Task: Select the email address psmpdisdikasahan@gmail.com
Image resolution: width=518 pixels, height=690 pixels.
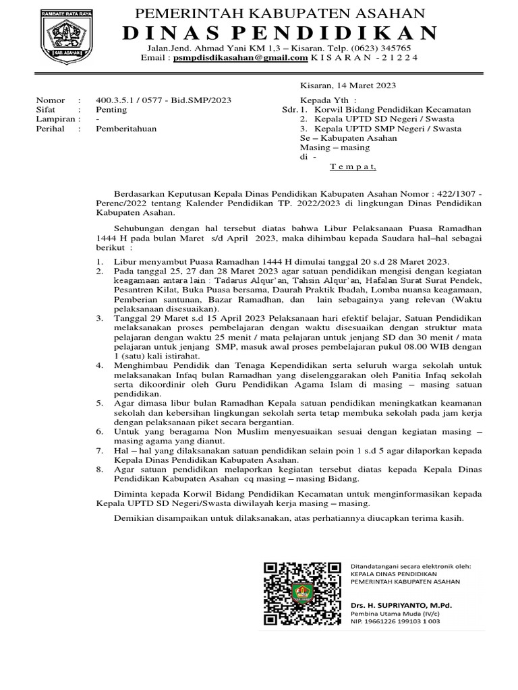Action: (240, 58)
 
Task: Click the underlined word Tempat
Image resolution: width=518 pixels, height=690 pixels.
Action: (353, 166)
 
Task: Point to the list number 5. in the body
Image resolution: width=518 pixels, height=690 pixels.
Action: (99, 402)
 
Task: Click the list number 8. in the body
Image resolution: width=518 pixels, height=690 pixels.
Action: (99, 468)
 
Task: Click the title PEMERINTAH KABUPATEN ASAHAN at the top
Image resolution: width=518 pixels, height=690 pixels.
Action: (281, 13)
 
